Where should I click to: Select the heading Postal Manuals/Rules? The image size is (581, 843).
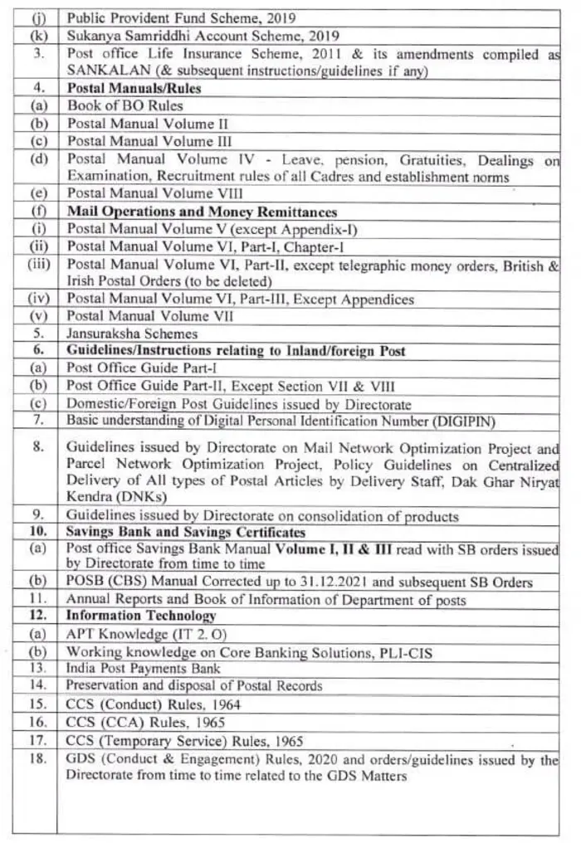(x=134, y=88)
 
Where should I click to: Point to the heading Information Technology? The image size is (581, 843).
(x=141, y=616)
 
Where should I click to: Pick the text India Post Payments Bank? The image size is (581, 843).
(x=144, y=669)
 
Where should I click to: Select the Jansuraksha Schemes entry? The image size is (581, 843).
(x=132, y=334)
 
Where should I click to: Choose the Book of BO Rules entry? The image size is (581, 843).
(x=125, y=105)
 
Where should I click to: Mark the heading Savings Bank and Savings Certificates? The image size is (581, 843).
(x=186, y=532)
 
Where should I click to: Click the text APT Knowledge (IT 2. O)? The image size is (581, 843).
(x=137, y=635)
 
